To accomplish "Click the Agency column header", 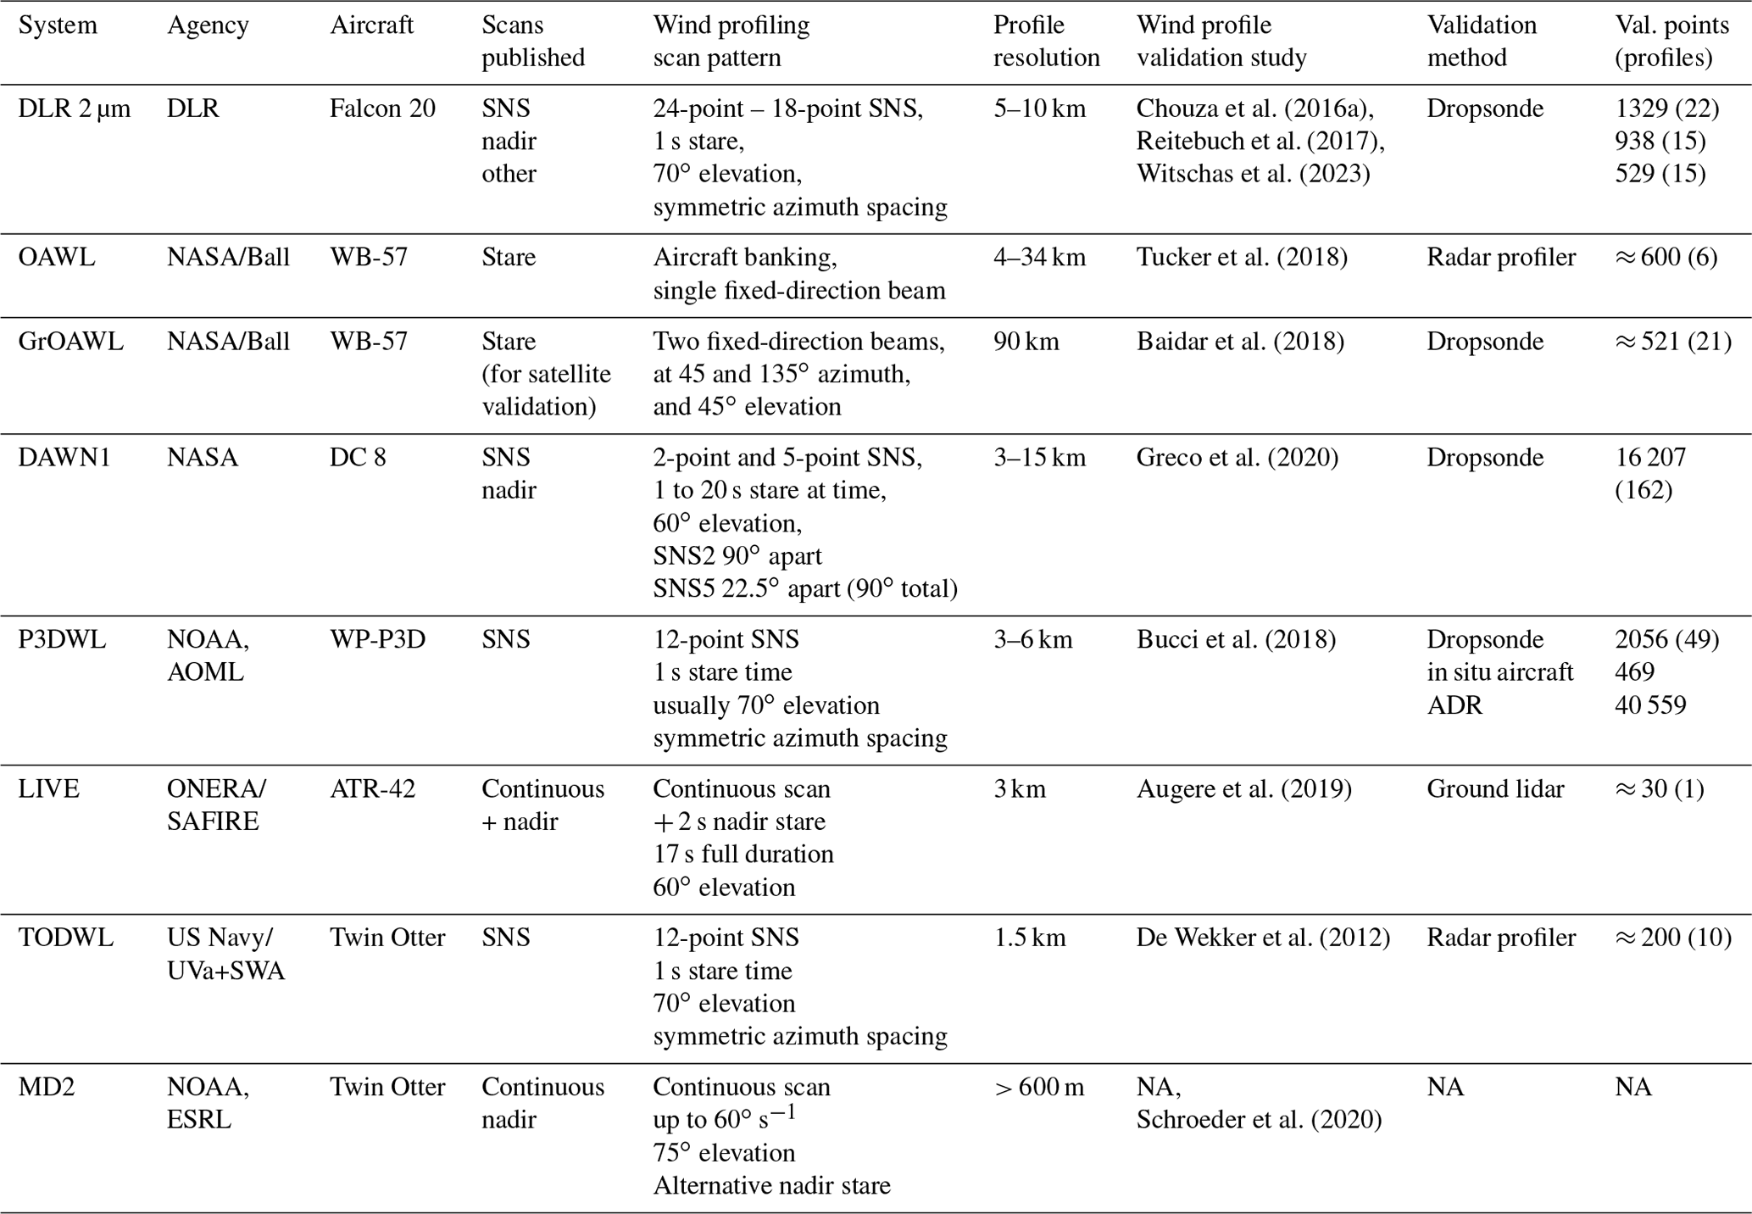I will pos(208,25).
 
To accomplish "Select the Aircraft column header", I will pos(371,25).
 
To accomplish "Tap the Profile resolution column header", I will pos(1046,42).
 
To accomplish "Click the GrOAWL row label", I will pos(70,342).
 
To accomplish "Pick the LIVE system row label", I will pos(49,789).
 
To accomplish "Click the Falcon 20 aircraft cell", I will pos(382,109).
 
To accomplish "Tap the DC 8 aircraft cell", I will pos(358,458).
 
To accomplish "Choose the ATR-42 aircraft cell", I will pos(373,789).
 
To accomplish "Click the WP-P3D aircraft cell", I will pos(377,639).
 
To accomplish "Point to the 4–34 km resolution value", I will pos(1039,257).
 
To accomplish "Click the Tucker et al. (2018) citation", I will pos(1241,257).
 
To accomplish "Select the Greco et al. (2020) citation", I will pos(1237,458).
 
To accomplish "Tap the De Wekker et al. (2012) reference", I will pos(1263,938).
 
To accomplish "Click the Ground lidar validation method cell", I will pos(1495,789).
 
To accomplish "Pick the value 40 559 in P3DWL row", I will pos(1650,705).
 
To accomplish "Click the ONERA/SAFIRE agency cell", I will pos(216,805).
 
